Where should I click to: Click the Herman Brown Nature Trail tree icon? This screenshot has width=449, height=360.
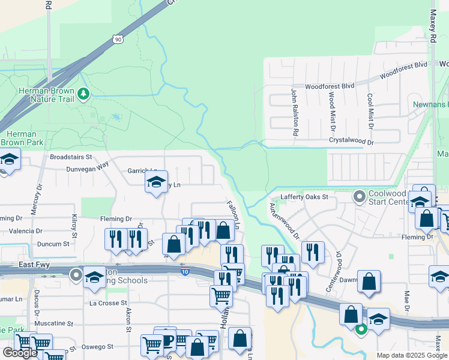click(x=83, y=94)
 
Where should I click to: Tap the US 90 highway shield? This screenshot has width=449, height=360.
click(x=117, y=39)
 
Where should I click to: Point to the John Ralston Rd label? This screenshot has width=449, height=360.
click(x=295, y=112)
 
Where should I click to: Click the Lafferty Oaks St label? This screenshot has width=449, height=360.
click(x=306, y=197)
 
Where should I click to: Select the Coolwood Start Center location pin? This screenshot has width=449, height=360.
click(x=360, y=196)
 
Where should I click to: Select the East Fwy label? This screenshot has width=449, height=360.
click(x=35, y=265)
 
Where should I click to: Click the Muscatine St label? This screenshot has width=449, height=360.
click(x=53, y=323)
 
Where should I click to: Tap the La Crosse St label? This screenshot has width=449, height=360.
click(x=108, y=304)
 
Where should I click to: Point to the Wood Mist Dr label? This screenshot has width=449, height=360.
click(x=331, y=112)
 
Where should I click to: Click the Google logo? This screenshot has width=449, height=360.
click(x=19, y=353)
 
